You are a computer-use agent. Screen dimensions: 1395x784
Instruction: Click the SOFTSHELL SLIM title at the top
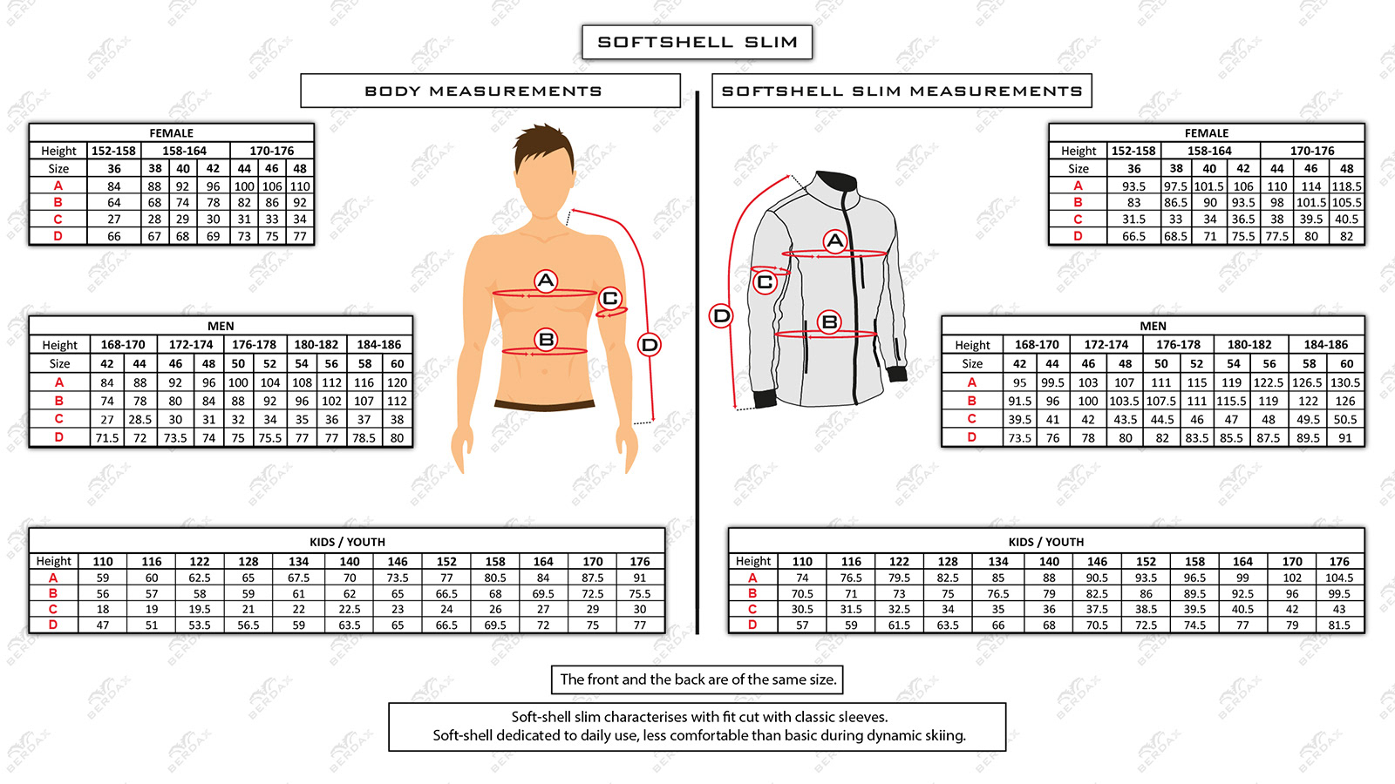click(697, 42)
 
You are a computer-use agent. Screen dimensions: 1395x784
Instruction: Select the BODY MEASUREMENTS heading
click(483, 91)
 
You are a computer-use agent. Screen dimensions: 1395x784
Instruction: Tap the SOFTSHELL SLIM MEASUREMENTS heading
click(902, 91)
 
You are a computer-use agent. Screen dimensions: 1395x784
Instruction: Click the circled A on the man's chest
click(546, 280)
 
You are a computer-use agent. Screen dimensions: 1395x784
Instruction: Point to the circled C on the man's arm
click(610, 299)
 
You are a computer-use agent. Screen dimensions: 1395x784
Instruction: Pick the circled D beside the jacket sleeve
click(722, 315)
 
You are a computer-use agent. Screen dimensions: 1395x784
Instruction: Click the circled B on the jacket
click(829, 322)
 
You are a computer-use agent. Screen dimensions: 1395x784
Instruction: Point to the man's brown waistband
click(544, 405)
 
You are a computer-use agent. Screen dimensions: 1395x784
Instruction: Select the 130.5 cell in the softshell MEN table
click(1345, 382)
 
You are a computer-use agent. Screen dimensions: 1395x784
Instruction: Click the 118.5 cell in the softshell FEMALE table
click(1347, 186)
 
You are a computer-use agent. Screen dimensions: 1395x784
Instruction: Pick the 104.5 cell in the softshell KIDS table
click(1339, 578)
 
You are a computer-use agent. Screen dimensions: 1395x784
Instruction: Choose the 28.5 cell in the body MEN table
click(139, 419)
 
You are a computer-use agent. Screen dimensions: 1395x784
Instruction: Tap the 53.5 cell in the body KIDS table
click(200, 625)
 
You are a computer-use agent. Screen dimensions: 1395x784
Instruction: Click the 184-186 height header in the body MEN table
click(378, 344)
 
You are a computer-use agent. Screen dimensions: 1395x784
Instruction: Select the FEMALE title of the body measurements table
click(171, 133)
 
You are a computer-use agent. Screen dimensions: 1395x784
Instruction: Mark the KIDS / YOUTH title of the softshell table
click(1046, 542)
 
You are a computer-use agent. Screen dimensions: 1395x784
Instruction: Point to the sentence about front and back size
click(697, 679)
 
